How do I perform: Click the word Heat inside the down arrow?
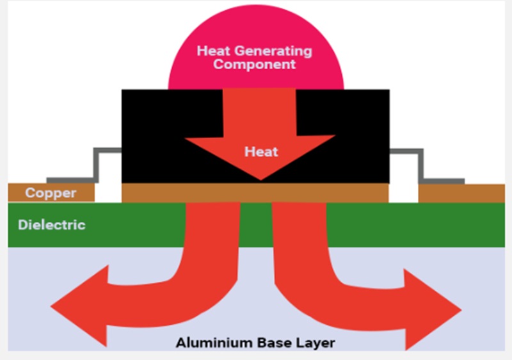261,152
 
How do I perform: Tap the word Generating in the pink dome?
279,51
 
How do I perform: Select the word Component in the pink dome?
255,64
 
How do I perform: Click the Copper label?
51,193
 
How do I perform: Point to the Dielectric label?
52,225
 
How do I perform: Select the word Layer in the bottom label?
316,343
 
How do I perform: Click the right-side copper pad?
461,193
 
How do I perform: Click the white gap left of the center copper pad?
108,192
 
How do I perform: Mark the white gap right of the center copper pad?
403,192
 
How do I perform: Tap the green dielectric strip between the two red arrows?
256,225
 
